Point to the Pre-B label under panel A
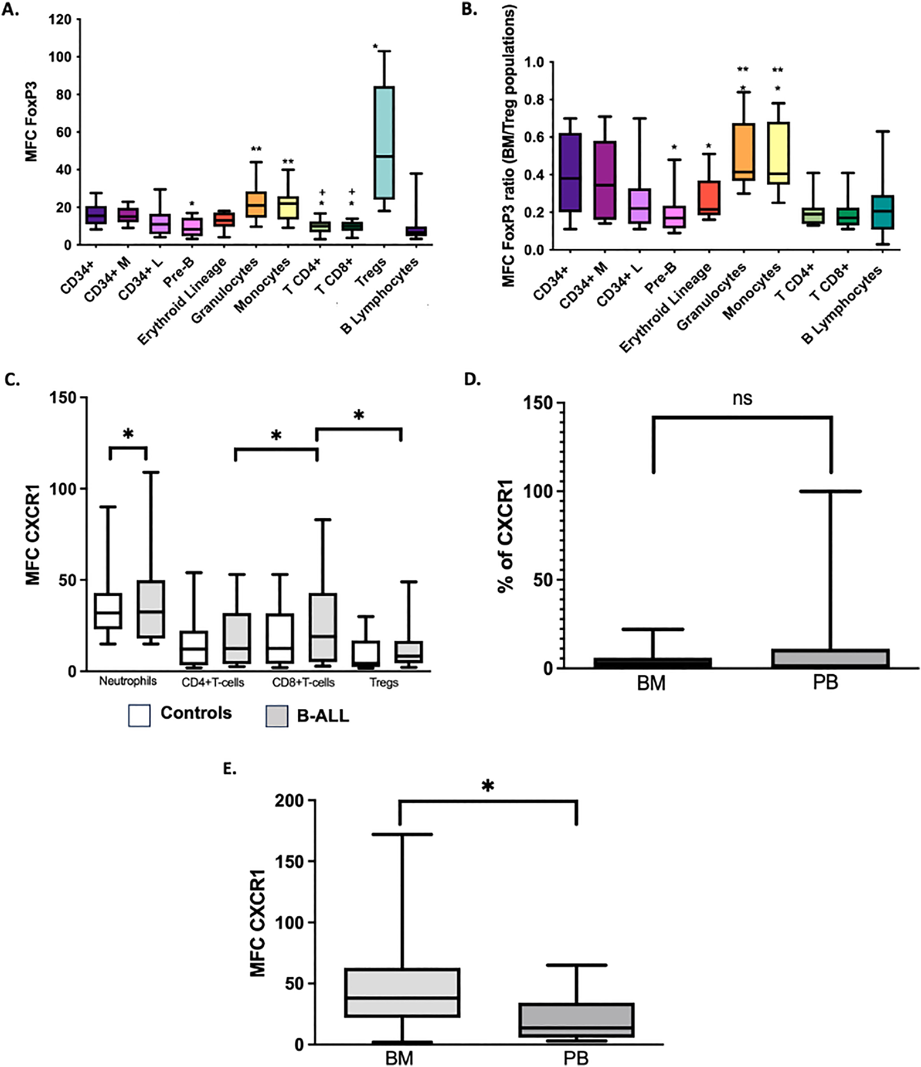click(179, 273)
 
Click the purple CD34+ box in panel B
click(570, 172)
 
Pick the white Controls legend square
click(139, 715)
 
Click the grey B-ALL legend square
click(277, 716)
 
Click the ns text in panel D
click(742, 398)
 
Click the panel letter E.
click(229, 768)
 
